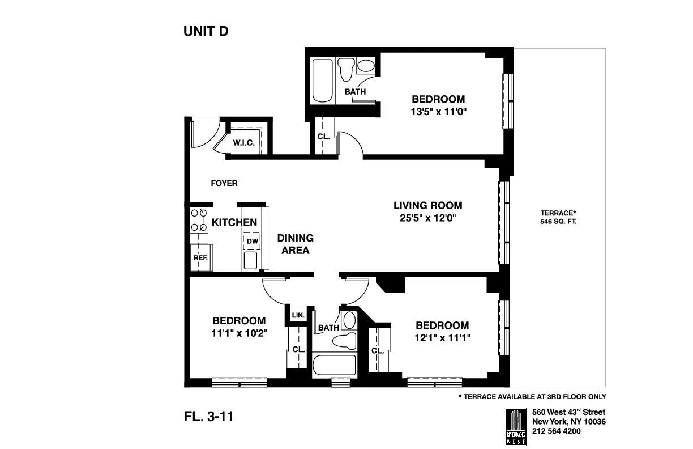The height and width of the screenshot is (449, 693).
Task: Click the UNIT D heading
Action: pyautogui.click(x=206, y=32)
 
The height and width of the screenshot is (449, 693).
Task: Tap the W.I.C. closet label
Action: pyautogui.click(x=243, y=143)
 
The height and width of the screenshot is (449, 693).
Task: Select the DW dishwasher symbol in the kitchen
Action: pyautogui.click(x=252, y=241)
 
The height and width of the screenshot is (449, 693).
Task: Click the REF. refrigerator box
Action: pyautogui.click(x=200, y=257)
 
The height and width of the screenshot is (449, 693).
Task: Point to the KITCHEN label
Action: pyautogui.click(x=234, y=223)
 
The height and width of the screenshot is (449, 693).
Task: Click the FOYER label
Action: pyautogui.click(x=224, y=183)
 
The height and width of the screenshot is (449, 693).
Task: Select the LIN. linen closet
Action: pyautogui.click(x=298, y=315)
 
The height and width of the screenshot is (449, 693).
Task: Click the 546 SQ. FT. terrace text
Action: pyautogui.click(x=558, y=222)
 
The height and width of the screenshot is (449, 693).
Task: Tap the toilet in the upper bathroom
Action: pyautogui.click(x=346, y=70)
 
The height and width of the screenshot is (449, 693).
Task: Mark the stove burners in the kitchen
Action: pyautogui.click(x=199, y=221)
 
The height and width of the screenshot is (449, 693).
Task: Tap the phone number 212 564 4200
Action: pyautogui.click(x=556, y=431)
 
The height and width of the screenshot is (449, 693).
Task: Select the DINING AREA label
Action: pyautogui.click(x=295, y=244)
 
